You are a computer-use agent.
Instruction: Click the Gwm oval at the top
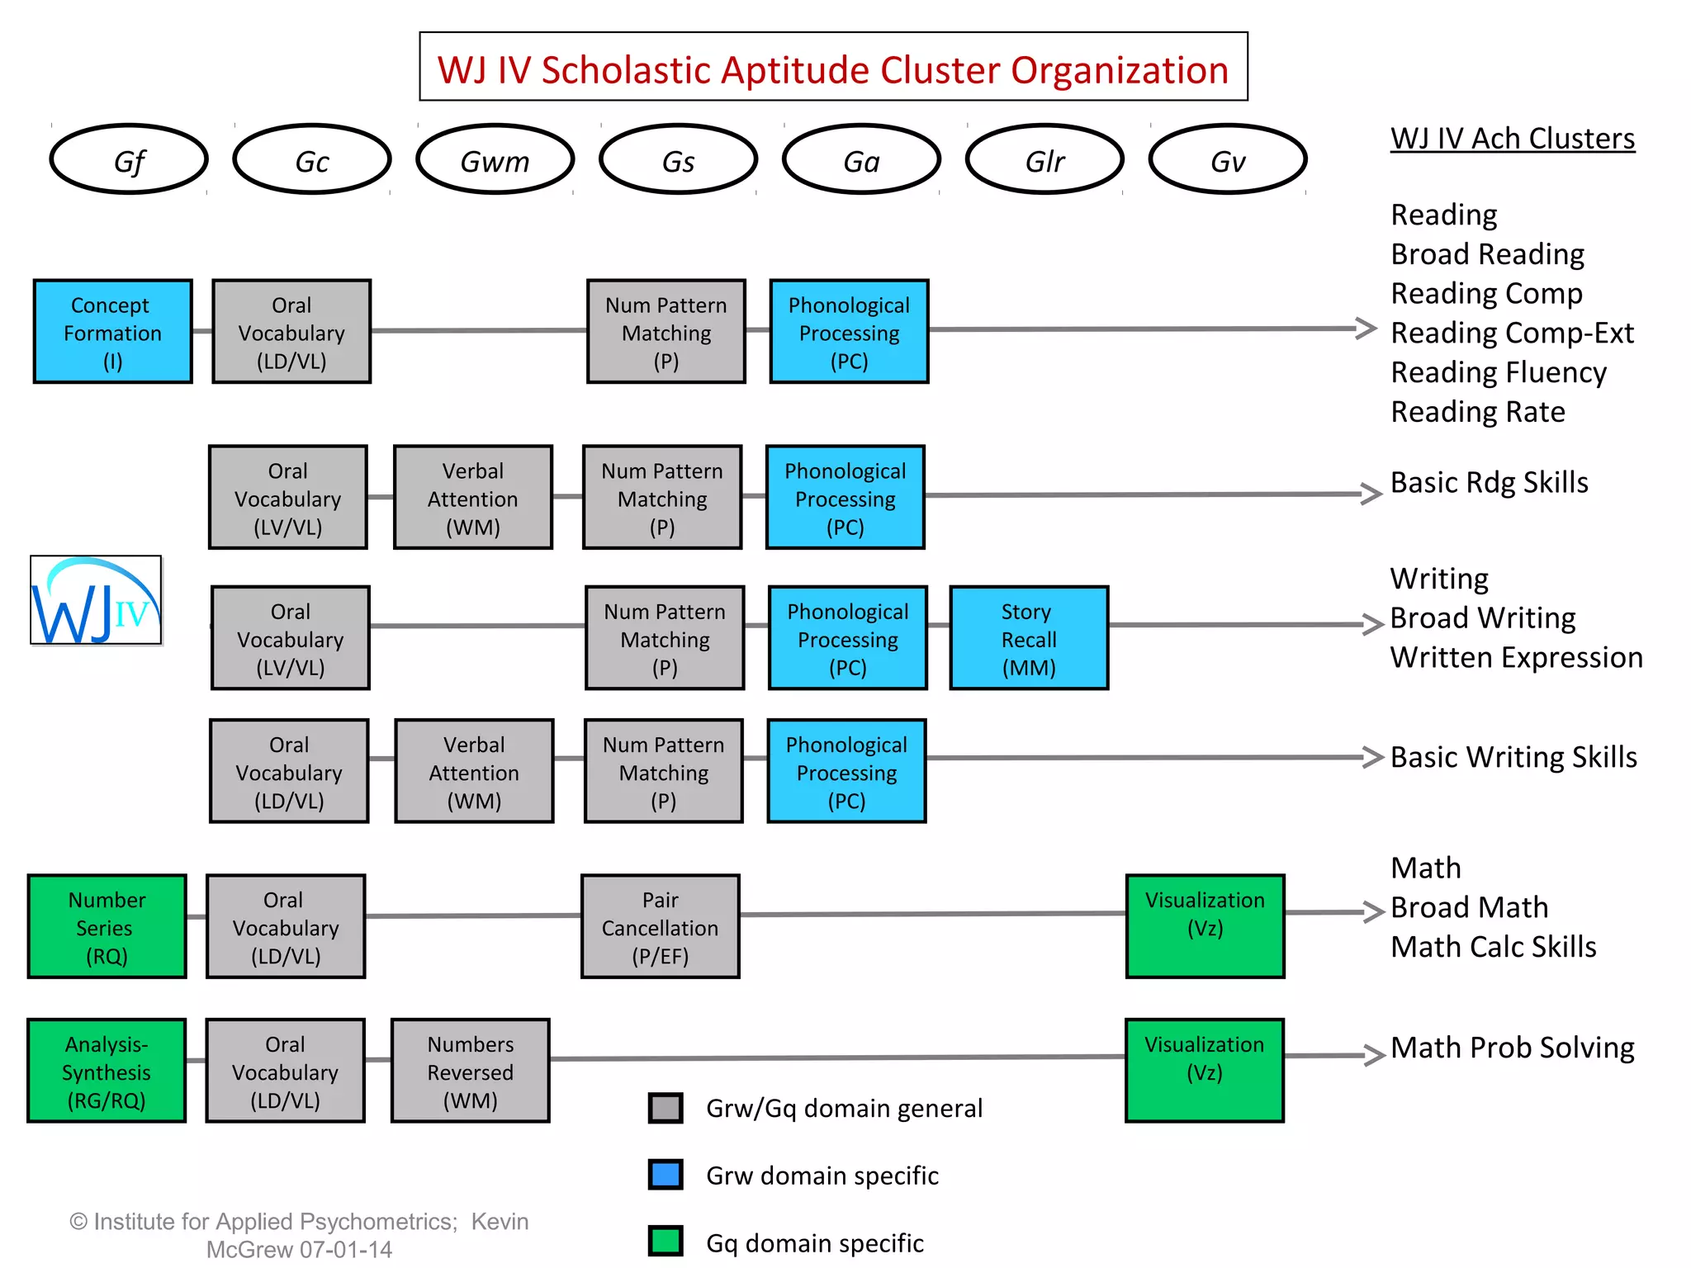495,160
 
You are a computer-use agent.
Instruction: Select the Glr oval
1044,160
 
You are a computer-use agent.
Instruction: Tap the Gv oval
1228,160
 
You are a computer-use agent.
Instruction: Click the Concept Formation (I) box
113,332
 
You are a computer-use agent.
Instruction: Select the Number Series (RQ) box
107,927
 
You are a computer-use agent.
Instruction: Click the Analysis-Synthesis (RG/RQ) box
107,1072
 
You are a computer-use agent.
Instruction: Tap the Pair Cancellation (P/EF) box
661,927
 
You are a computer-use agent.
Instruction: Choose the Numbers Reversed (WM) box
471,1072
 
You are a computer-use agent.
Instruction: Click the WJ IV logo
97,600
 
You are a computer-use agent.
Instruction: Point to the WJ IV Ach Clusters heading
1512,139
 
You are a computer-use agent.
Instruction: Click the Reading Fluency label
1498,372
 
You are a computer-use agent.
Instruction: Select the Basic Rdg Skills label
1489,482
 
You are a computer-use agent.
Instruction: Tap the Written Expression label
1516,658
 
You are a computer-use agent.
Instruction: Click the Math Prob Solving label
1512,1048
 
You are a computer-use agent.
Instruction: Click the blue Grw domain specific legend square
666,1175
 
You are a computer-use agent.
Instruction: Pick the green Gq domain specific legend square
666,1242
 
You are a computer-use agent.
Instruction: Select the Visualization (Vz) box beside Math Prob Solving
1205,1071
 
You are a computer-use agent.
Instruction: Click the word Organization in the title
1120,70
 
